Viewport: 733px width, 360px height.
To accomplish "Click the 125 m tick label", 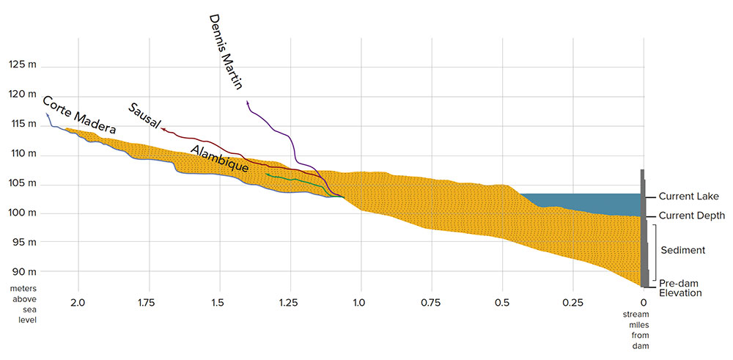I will (x=22, y=65).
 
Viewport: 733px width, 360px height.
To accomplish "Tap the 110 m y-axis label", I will (x=22, y=154).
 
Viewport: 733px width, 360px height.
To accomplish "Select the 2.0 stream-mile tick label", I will (x=78, y=302).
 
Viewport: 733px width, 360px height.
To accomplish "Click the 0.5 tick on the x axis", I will (x=502, y=302).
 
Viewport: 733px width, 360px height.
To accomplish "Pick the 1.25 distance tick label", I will (x=290, y=302).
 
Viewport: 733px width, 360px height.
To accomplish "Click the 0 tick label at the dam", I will (x=643, y=302).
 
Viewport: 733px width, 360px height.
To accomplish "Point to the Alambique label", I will (x=219, y=158).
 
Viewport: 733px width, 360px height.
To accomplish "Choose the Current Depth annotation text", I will (x=691, y=216).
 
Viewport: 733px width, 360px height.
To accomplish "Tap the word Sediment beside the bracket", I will (x=682, y=250).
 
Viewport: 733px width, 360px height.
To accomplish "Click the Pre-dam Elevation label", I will (x=680, y=288).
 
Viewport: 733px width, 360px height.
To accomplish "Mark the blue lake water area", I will (x=586, y=200).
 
